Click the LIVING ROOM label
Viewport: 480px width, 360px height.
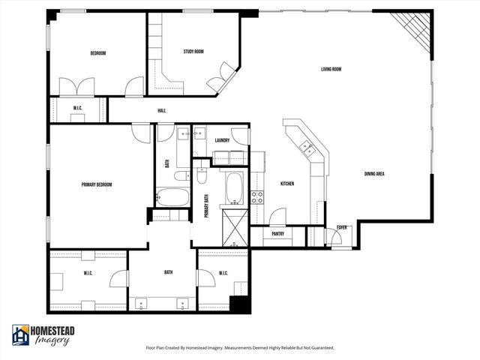pos(331,70)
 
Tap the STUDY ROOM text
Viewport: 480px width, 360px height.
pos(193,52)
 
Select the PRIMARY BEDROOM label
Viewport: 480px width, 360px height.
pos(97,184)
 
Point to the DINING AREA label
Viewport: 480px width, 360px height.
pos(374,174)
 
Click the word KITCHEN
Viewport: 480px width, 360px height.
pos(286,184)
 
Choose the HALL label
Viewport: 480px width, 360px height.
pos(161,111)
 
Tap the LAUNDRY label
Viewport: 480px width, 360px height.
pos(221,140)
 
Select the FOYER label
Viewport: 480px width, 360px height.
pos(341,227)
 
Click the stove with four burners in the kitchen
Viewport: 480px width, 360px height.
pos(256,197)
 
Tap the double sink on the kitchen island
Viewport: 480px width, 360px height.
pos(308,149)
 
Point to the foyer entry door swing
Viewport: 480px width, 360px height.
pos(335,238)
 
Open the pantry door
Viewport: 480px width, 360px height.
pos(277,217)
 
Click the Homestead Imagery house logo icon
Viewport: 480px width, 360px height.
pos(21,335)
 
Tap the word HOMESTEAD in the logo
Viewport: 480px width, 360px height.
pos(54,331)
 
